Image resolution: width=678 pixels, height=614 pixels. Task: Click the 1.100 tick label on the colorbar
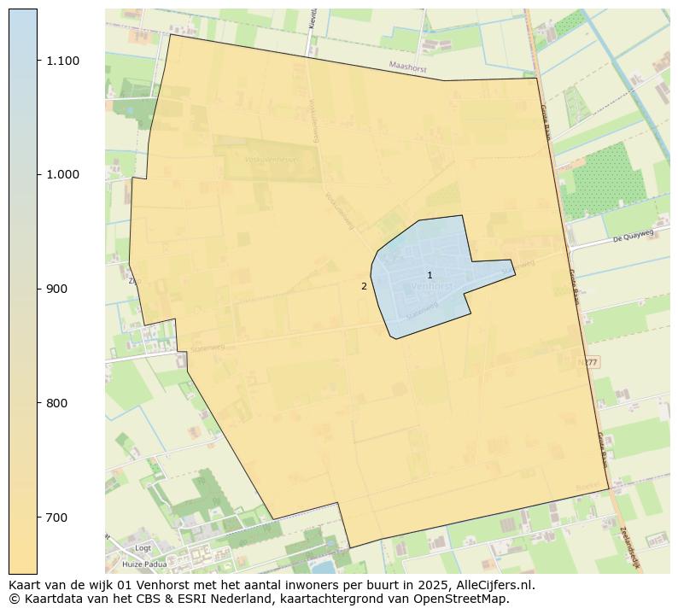coord(63,61)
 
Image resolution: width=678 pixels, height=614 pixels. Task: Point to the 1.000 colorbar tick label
coord(63,174)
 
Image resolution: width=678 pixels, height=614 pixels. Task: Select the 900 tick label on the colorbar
coord(57,289)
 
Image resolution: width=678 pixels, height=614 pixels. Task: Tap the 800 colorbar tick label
coord(57,403)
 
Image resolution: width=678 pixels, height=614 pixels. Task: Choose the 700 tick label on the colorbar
coord(57,518)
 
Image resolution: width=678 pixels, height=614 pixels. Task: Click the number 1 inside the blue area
coord(430,275)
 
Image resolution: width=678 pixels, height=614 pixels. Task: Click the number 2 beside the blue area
coord(364,286)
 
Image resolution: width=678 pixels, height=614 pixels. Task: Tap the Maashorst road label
coord(406,66)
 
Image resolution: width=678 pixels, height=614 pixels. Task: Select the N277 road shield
coord(588,362)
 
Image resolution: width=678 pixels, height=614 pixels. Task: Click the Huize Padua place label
coord(144,564)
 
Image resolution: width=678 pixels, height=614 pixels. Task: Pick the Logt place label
coord(143,548)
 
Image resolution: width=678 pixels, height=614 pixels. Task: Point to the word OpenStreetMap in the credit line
coord(466,599)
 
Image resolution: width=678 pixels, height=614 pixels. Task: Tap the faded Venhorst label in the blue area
coord(431,287)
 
